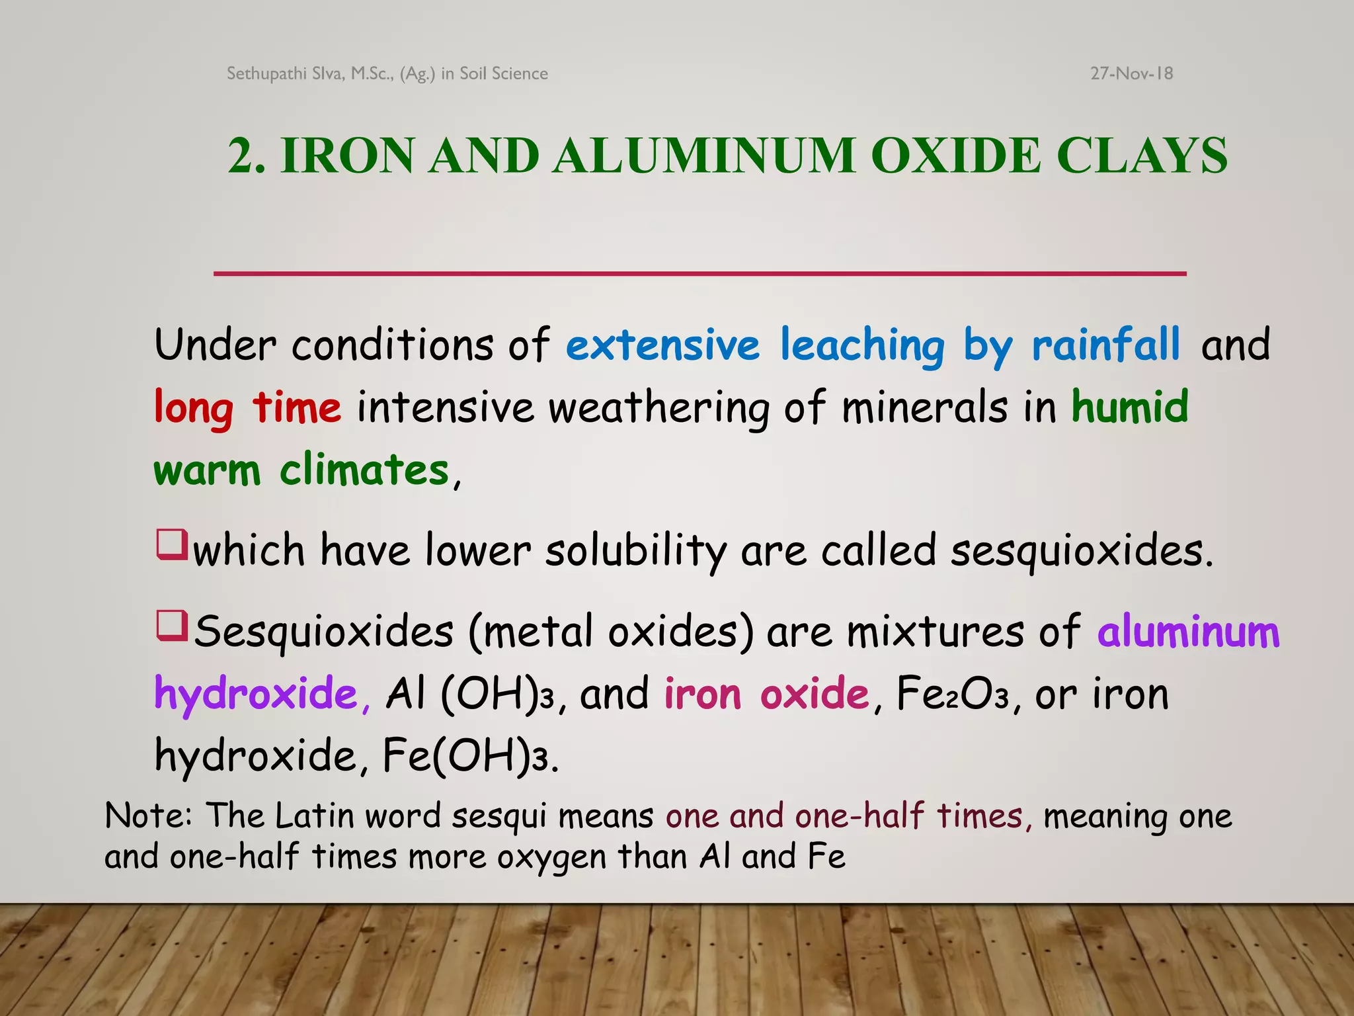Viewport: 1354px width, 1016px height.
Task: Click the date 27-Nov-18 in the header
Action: [1131, 73]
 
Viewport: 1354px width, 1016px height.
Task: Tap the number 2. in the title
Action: [247, 156]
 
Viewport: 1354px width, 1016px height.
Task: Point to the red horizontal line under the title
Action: [699, 273]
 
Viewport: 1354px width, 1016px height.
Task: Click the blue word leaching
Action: [862, 345]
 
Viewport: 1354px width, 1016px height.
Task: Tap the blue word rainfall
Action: [1105, 345]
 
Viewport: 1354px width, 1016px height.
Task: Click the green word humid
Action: [1129, 407]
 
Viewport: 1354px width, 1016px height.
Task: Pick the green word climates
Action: [364, 470]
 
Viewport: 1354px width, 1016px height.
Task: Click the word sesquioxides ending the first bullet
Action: [1082, 550]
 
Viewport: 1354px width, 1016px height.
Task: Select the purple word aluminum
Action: [1188, 632]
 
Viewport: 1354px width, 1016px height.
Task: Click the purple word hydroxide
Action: [257, 695]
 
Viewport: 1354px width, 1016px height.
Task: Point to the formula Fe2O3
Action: [952, 695]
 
